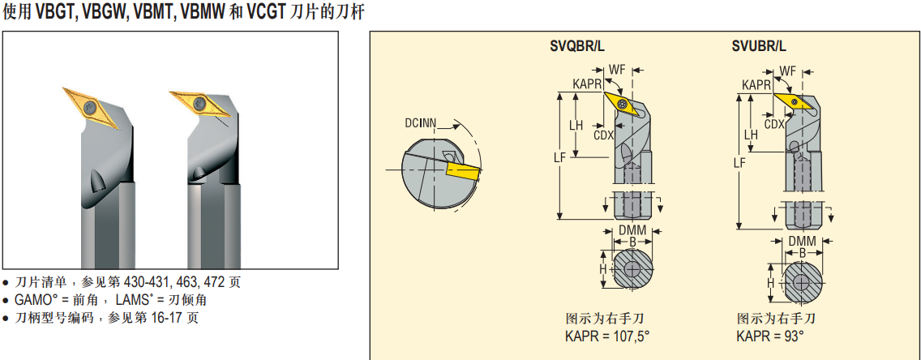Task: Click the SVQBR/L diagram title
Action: [576, 46]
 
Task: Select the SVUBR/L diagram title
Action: [758, 46]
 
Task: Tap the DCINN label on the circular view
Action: [421, 123]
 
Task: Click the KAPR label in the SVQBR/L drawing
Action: [586, 84]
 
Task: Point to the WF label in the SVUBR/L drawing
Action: [787, 70]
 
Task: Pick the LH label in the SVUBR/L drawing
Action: [751, 134]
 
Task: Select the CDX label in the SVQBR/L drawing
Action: [603, 135]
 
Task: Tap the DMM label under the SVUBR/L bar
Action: [802, 242]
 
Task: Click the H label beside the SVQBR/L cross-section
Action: [602, 268]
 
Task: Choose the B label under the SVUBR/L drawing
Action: [802, 253]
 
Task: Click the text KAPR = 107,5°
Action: [607, 336]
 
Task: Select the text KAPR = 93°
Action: [770, 336]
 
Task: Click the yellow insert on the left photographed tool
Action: [84, 104]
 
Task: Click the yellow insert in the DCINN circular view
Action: [461, 172]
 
